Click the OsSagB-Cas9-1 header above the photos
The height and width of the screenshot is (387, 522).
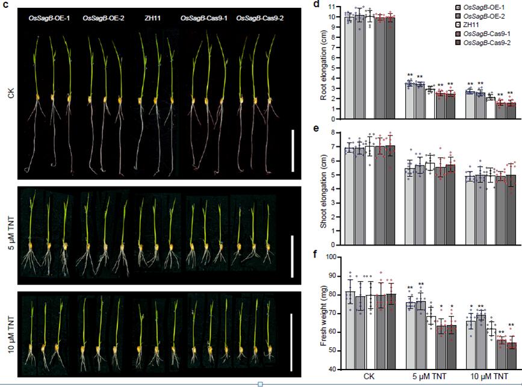point(202,19)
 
